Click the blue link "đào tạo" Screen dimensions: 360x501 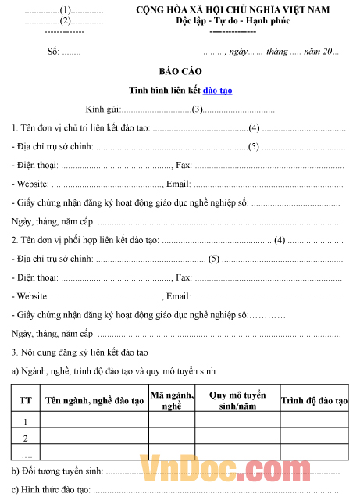217,90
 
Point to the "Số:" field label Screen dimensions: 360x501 53,52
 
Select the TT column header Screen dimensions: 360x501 26,400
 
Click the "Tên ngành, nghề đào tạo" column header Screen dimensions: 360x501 94,400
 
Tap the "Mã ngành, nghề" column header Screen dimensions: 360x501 172,400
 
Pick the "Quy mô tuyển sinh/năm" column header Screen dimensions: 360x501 237,400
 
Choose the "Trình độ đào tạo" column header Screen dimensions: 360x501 315,400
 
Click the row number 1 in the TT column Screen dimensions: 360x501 26,422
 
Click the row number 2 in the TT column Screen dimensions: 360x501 26,438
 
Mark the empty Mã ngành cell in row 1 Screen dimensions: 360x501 172,422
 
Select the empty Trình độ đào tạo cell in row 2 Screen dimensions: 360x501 315,438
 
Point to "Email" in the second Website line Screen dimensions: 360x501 178,296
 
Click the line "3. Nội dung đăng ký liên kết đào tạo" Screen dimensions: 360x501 86,352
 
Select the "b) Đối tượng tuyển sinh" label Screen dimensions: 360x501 58,471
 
